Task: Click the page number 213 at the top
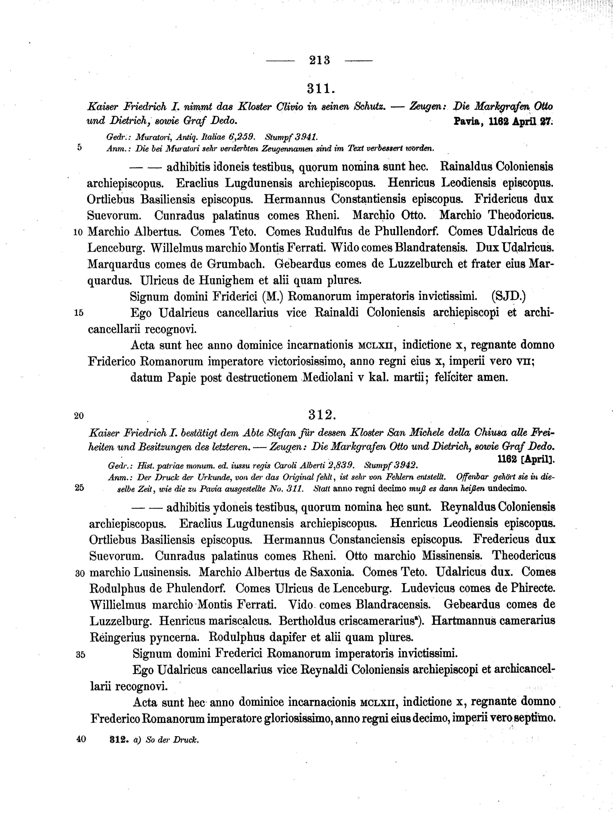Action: click(320, 60)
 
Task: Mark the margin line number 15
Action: click(79, 313)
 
